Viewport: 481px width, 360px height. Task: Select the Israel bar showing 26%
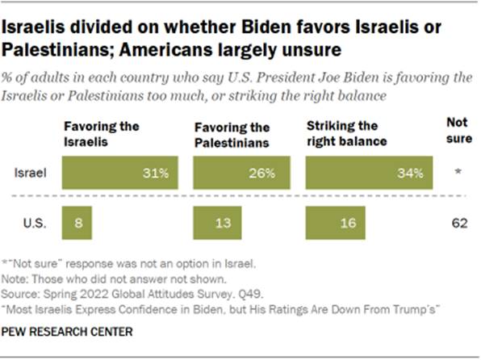238,173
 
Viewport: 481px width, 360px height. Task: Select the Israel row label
30,173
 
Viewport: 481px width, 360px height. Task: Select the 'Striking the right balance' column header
344,133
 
